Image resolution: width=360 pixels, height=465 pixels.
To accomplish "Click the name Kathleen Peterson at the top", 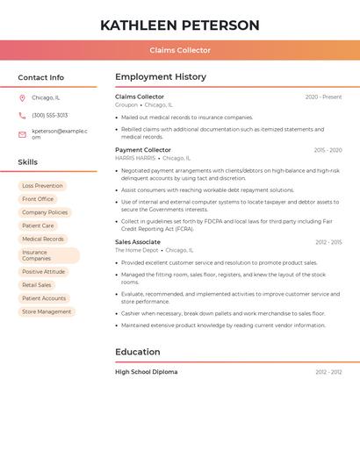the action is pyautogui.click(x=179, y=25).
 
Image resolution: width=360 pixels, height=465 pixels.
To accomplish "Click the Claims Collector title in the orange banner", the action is pyautogui.click(x=180, y=51).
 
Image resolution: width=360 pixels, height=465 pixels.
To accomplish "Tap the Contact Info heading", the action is pyautogui.click(x=40, y=77).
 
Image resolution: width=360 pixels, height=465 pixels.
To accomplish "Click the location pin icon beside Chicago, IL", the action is pyautogui.click(x=22, y=98).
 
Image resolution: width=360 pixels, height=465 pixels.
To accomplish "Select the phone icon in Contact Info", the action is pyautogui.click(x=22, y=116).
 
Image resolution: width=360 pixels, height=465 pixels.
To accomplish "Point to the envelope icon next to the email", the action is pyautogui.click(x=22, y=134).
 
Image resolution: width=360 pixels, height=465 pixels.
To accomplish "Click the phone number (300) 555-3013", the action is pyautogui.click(x=49, y=116).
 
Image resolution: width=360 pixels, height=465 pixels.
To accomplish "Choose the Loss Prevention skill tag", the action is pyautogui.click(x=42, y=186).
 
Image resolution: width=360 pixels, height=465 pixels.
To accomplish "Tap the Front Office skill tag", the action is pyautogui.click(x=38, y=199).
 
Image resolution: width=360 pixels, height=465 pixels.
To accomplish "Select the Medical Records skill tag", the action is pyautogui.click(x=43, y=239).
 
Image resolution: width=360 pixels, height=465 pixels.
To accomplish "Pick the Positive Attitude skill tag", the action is pyautogui.click(x=43, y=272).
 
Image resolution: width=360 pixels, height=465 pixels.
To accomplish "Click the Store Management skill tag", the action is pyautogui.click(x=47, y=311).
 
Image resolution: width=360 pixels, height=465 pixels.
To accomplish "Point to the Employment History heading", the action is pyautogui.click(x=160, y=77).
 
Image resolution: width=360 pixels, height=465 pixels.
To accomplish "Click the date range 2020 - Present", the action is pyautogui.click(x=323, y=97).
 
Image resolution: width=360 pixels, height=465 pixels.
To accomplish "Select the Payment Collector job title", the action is pyautogui.click(x=142, y=150).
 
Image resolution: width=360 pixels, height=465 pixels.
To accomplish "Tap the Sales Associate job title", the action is pyautogui.click(x=138, y=242).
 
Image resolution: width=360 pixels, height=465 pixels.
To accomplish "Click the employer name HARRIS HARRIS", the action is pyautogui.click(x=135, y=159).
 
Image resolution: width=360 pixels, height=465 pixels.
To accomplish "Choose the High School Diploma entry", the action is pyautogui.click(x=146, y=372).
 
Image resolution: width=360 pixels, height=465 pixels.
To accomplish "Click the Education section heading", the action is pyautogui.click(x=137, y=353).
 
